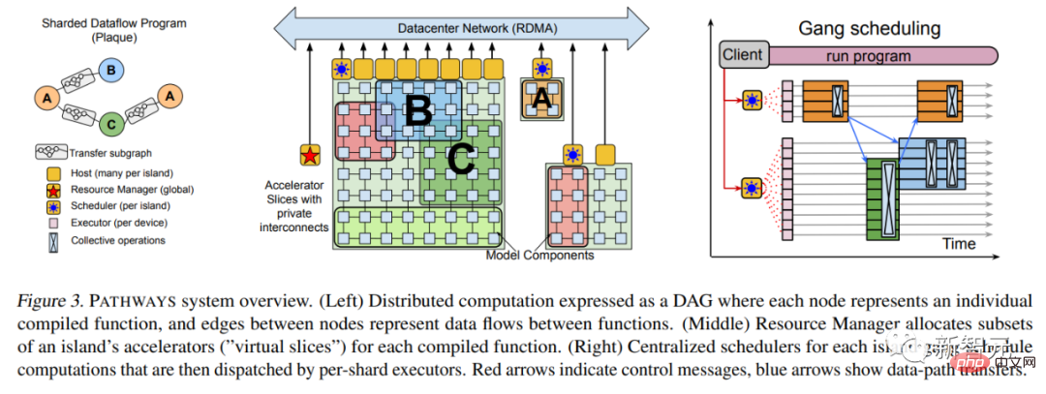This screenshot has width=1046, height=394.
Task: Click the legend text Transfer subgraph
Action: coord(109,153)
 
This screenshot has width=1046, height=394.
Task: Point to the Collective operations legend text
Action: coord(111,240)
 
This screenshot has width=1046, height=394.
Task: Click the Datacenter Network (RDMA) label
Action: coord(469,28)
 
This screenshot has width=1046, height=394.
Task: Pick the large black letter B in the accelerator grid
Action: coord(417,111)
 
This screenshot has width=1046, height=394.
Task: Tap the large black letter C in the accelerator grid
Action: coord(460,159)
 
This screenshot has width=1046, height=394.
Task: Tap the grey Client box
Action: coord(742,55)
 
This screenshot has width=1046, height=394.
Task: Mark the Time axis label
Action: coord(958,243)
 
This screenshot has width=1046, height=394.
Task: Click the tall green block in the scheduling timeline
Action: coord(881,198)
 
